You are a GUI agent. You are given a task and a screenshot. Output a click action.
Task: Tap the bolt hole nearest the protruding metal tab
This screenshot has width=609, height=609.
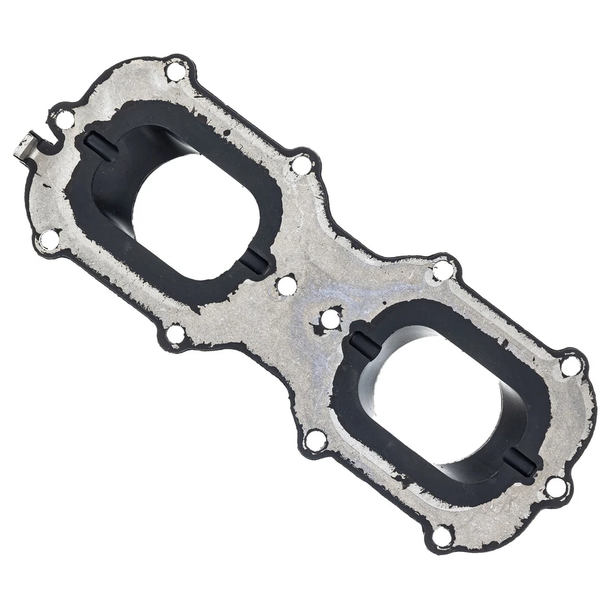point(64,119)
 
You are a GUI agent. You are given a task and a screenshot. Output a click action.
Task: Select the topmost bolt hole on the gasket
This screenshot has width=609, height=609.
point(175,70)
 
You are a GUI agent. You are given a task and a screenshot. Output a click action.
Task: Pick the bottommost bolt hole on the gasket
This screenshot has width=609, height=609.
point(442,535)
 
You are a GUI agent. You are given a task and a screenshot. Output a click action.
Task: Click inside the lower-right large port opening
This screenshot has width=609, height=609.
point(444,400)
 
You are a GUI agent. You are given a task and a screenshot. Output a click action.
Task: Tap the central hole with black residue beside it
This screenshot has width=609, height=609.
point(331,319)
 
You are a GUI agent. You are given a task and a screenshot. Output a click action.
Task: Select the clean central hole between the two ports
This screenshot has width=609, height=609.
point(287,285)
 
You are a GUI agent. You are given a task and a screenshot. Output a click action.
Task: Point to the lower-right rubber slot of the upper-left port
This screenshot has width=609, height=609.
point(256,261)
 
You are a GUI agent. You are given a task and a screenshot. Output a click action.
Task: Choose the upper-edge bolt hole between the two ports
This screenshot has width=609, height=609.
point(301,164)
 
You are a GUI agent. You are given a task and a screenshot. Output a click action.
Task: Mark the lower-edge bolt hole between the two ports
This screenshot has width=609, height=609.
point(315,439)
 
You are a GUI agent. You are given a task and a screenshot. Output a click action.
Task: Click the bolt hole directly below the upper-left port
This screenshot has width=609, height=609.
point(176,333)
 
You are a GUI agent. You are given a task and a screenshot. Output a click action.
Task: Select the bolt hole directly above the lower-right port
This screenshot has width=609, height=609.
point(442,270)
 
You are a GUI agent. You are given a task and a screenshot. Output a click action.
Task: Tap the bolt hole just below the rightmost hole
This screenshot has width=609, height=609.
point(556,487)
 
